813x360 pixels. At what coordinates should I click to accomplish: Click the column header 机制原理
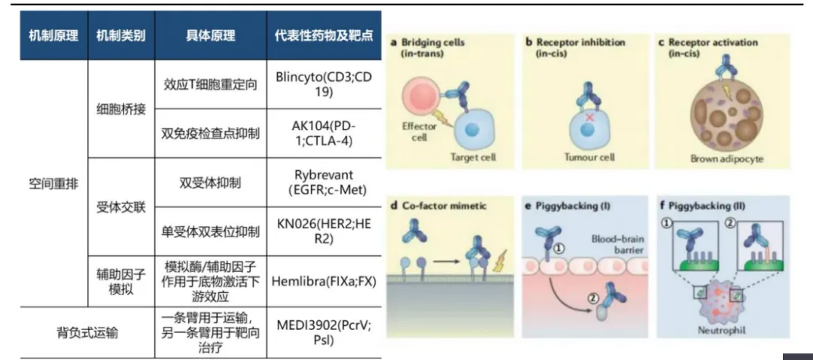tap(53, 35)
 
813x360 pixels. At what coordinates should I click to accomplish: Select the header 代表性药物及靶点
tap(325, 35)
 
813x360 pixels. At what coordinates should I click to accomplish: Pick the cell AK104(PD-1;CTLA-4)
tap(325, 133)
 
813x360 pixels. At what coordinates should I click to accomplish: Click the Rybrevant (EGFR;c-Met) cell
tap(325, 182)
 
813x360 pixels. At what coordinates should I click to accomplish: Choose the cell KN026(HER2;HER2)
tap(325, 231)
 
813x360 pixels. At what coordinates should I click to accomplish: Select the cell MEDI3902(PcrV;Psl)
tap(325, 331)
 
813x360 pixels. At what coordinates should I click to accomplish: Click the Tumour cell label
tap(589, 157)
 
